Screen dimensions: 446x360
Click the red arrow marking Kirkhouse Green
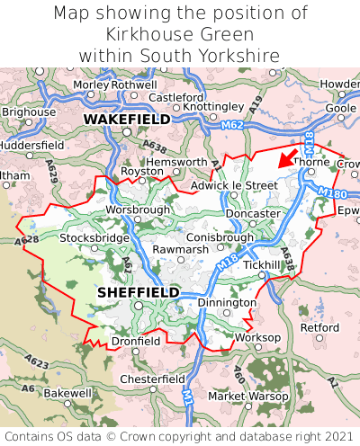click(287, 160)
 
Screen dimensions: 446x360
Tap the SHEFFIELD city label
click(138, 292)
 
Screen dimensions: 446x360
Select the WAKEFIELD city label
click(127, 119)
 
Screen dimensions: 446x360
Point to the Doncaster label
click(253, 214)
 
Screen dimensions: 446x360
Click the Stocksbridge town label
click(94, 238)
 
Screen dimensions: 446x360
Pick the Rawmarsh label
click(181, 249)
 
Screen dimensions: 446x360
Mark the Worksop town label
click(257, 337)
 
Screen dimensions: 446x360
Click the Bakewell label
click(67, 393)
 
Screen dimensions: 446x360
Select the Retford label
click(319, 328)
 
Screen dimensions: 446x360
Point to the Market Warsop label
click(245, 396)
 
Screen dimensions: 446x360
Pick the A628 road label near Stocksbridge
click(27, 241)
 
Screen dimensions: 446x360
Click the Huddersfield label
click(31, 144)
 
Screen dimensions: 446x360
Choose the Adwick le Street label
click(234, 185)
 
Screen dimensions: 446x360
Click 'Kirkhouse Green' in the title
click(180, 34)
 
